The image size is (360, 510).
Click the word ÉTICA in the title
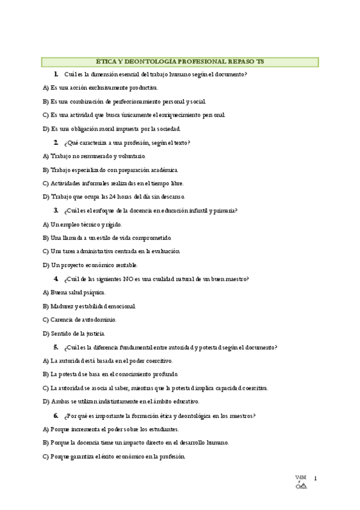coord(107,61)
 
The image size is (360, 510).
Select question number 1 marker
coord(55,74)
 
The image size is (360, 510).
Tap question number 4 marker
coord(55,278)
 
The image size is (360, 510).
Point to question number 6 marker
coord(55,416)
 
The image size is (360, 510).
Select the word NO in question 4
coord(128,279)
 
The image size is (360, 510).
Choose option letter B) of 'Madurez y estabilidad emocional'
coord(46,306)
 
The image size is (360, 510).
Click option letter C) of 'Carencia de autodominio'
coord(46,320)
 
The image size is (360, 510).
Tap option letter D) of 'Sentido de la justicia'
coord(46,333)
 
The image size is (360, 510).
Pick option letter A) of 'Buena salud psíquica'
coord(46,292)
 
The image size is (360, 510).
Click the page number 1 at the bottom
coord(315,479)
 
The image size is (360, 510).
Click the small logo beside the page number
coord(301,483)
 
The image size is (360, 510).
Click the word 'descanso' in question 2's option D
coord(172,197)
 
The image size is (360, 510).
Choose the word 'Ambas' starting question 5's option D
coord(60,402)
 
